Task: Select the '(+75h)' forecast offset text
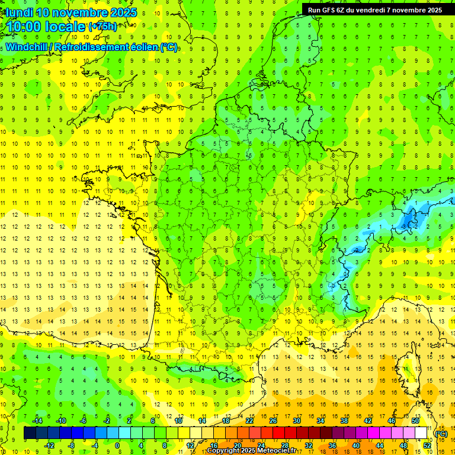103,26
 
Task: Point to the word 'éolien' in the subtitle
143,47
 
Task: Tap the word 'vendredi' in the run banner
371,10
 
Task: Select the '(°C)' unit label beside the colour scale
441,433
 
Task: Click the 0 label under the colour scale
117,446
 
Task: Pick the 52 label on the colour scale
427,446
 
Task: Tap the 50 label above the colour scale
415,421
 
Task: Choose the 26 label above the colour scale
273,421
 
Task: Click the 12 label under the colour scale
190,446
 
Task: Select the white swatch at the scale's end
421,433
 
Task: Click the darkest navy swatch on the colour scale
30,433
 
